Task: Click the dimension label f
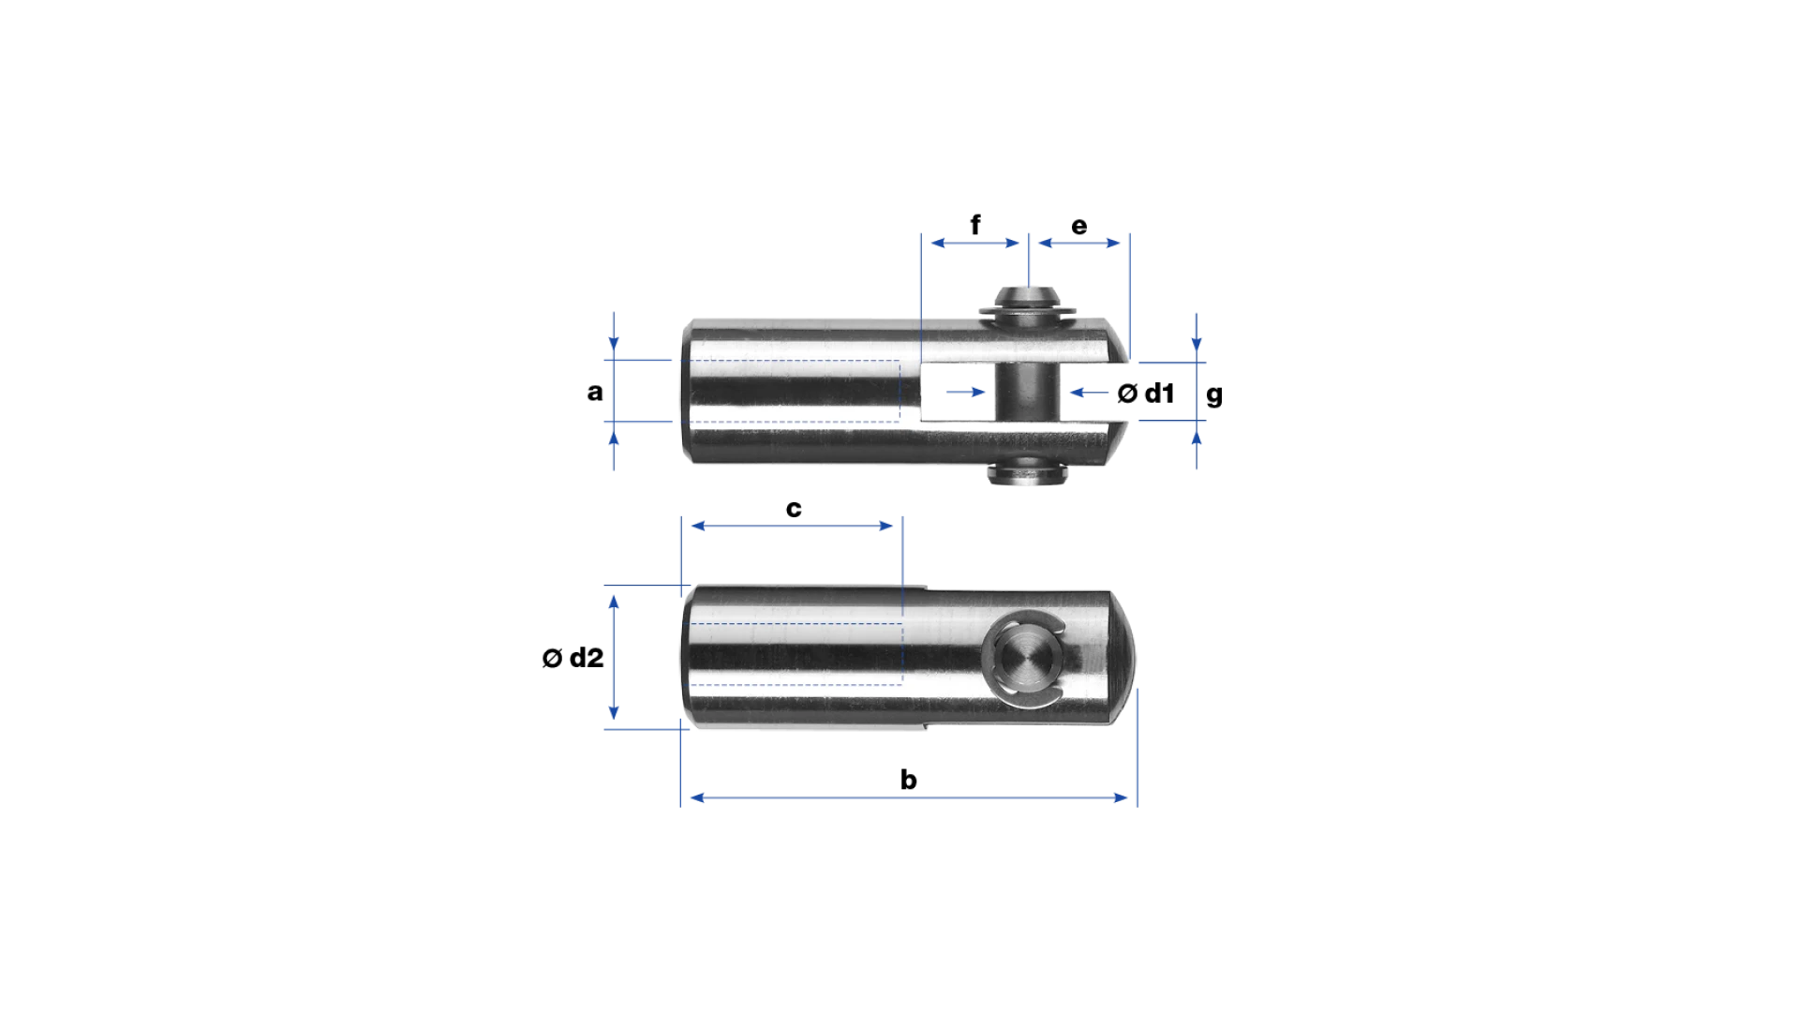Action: point(975,225)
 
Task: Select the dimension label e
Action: point(1079,226)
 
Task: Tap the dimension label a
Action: point(595,392)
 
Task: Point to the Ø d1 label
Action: point(1146,394)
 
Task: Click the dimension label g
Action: point(1214,394)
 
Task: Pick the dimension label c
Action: point(794,509)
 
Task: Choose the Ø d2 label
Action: point(572,658)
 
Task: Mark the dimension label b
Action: point(909,780)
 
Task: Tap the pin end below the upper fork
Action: point(1027,473)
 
